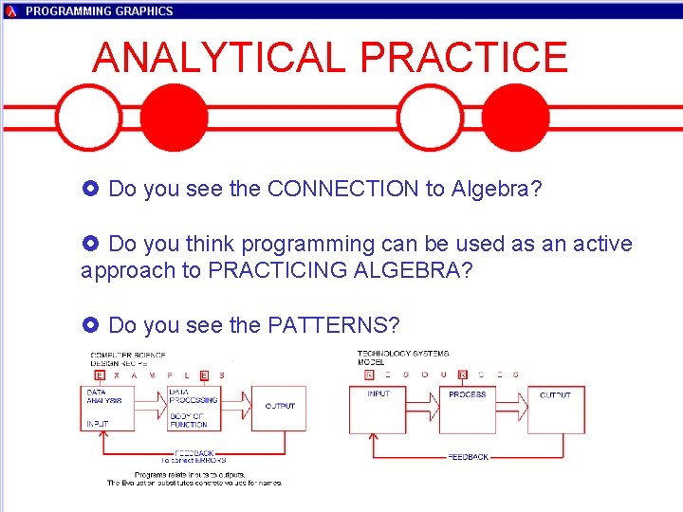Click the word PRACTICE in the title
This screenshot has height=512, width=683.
pos(464,58)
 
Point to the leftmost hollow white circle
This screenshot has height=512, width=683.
pos(88,118)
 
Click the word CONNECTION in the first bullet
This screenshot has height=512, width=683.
pos(342,189)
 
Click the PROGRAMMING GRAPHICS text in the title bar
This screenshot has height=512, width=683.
pos(99,11)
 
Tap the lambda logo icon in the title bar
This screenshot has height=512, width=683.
pos(11,11)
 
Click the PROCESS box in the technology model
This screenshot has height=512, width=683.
pos(467,409)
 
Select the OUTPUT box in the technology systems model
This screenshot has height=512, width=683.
pos(556,409)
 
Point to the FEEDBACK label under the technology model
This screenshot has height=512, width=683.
pos(468,457)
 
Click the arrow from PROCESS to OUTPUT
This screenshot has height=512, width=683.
pos(512,408)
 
